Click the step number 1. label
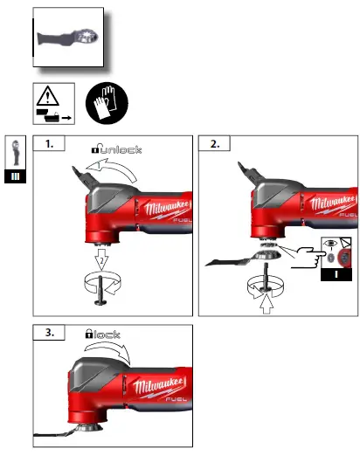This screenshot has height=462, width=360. tap(52, 145)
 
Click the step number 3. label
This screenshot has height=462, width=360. tap(52, 332)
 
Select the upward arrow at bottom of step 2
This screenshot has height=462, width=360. tap(267, 305)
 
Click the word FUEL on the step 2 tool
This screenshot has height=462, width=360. tap(348, 213)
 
